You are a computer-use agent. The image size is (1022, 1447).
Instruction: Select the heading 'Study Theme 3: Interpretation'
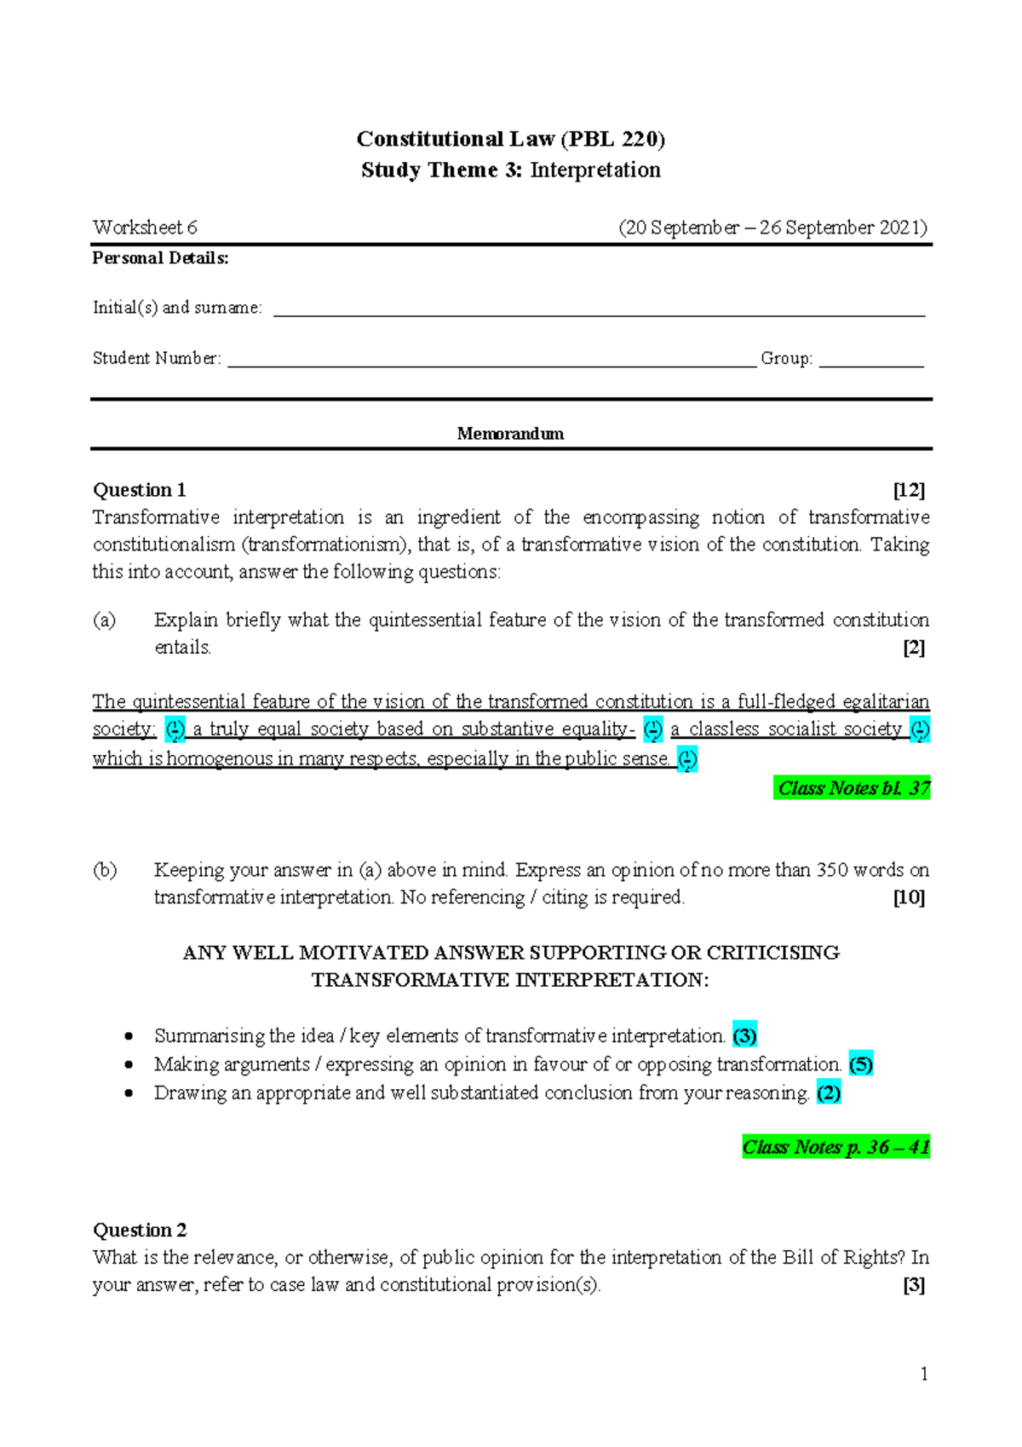click(x=510, y=170)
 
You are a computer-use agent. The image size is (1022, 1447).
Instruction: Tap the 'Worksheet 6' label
click(x=145, y=228)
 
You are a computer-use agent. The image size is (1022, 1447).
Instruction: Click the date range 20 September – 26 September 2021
click(x=772, y=228)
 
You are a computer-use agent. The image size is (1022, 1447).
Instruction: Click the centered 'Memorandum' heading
click(x=510, y=434)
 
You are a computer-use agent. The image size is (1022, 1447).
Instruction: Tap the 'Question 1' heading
click(x=139, y=490)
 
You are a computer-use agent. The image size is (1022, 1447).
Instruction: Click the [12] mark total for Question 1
click(x=909, y=490)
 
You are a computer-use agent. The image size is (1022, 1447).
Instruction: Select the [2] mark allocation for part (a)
click(x=914, y=648)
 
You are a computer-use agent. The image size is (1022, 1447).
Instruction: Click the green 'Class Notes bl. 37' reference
click(x=853, y=788)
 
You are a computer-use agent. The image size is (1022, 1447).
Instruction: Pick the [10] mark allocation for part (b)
click(x=909, y=897)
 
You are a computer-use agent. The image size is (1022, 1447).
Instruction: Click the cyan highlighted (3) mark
click(x=744, y=1036)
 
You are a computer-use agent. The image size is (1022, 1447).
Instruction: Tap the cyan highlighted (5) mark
click(x=860, y=1064)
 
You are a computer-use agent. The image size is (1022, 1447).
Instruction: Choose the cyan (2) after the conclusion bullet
click(x=829, y=1093)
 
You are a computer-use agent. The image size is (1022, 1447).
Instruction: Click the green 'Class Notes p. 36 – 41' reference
click(x=835, y=1147)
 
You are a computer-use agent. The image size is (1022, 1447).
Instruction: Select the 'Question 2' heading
click(x=140, y=1230)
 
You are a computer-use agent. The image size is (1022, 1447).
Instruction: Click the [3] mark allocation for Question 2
click(x=914, y=1285)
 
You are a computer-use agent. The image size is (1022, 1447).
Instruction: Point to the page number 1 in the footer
click(x=924, y=1374)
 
